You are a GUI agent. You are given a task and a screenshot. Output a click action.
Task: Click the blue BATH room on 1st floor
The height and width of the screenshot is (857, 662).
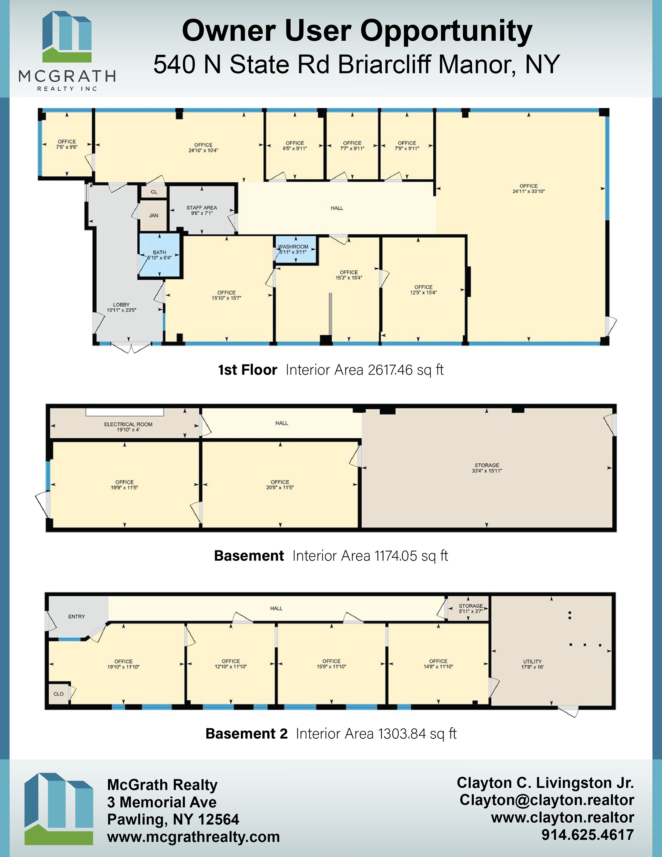[159, 255]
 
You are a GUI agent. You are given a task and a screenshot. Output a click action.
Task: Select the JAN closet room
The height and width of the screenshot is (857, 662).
[154, 216]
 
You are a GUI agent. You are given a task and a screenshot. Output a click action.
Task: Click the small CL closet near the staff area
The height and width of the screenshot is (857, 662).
[154, 192]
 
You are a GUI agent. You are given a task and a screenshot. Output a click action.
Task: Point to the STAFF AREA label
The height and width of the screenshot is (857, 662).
[202, 208]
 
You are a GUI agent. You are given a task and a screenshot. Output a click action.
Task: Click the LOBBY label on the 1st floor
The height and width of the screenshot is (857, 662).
[121, 305]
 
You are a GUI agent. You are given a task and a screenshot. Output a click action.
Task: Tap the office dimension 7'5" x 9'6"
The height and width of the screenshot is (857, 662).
[67, 147]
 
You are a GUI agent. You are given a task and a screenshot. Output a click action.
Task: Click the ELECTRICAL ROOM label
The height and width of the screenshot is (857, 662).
[128, 424]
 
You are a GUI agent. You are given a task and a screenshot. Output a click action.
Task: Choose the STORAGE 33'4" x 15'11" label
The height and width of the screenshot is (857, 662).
[487, 468]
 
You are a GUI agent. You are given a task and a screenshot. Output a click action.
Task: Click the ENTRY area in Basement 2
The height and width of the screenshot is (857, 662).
[77, 617]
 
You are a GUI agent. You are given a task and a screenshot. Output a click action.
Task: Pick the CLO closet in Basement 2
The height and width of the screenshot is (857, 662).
[59, 694]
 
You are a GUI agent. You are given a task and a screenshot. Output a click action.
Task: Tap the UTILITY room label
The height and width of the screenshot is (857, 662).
[532, 661]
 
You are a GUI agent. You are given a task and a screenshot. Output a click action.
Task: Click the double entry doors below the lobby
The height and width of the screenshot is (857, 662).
[131, 347]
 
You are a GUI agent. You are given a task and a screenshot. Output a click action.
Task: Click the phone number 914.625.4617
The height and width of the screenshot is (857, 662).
[588, 835]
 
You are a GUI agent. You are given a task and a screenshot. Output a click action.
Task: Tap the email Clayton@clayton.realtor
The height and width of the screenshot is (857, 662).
[546, 800]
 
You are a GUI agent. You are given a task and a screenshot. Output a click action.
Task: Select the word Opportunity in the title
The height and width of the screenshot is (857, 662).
[446, 31]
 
